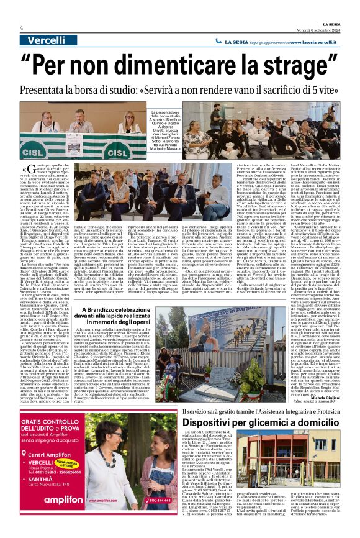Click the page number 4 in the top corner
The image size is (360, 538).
click(21, 28)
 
